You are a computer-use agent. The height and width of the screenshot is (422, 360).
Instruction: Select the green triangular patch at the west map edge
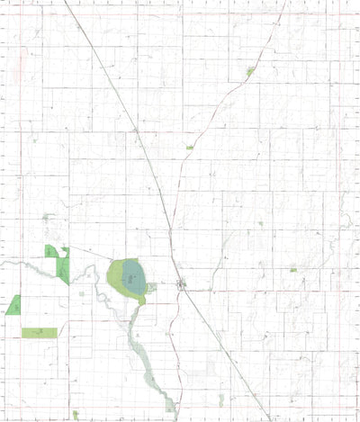coord(13,305)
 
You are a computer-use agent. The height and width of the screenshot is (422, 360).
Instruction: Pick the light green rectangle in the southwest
coord(39,333)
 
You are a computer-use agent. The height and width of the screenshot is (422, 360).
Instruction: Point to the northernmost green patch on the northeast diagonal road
coord(251,70)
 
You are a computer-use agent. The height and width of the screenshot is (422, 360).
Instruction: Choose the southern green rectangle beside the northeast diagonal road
coord(190,146)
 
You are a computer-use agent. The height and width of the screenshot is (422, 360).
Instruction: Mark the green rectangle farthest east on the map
coord(293,268)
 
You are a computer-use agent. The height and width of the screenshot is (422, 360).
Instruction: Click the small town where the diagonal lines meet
coord(183,287)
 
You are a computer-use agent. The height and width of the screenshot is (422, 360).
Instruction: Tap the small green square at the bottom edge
coord(170,408)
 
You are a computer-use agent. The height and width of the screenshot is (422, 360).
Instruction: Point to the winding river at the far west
coord(27,266)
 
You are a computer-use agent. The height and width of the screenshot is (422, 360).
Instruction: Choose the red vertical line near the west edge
coord(20,180)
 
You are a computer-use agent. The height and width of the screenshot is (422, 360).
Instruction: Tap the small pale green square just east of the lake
coord(152,288)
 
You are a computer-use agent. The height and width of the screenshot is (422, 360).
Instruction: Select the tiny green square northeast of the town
coord(260,223)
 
